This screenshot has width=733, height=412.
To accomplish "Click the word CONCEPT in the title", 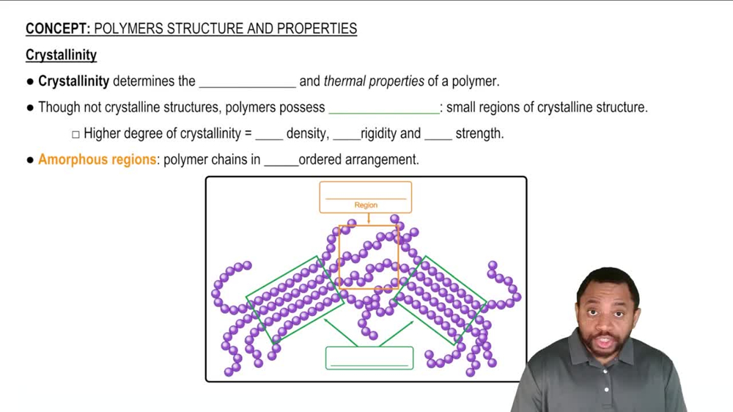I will point(57,29).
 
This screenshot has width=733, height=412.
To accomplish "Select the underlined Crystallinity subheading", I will point(61,55).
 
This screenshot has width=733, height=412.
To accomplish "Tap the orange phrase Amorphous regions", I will point(97,159).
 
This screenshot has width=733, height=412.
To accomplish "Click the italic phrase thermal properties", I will point(374,81).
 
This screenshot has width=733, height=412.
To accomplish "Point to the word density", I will point(306,133).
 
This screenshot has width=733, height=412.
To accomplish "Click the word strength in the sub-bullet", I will point(479,133).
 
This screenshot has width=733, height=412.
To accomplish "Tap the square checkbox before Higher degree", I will point(75,134).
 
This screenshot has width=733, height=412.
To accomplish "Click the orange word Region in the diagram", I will point(366,205).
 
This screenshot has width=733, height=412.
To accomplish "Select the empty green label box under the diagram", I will point(369,358).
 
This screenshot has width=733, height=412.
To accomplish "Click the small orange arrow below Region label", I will point(368,218).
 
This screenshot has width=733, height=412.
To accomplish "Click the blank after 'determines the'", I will point(247,81).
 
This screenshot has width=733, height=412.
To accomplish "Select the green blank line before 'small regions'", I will point(383,108).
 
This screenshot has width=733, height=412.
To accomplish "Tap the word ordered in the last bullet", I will point(322,159).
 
